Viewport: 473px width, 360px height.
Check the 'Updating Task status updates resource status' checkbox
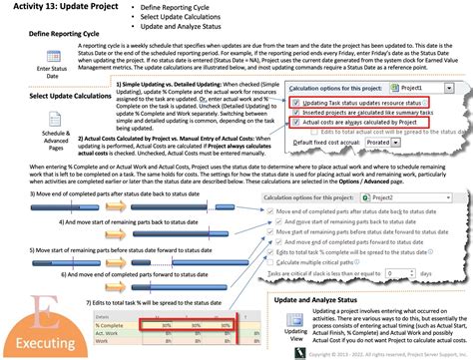294,103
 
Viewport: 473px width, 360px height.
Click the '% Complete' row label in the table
110,323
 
